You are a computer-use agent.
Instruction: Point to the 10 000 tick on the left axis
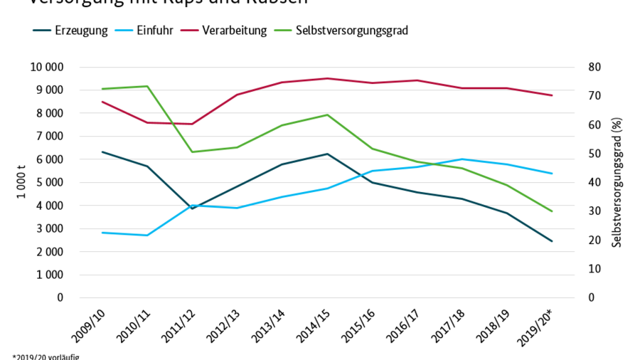(45, 67)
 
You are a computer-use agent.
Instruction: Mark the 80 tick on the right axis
(595, 67)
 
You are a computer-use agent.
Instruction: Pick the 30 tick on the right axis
(595, 211)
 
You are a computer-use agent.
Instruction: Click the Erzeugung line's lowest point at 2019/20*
(552, 241)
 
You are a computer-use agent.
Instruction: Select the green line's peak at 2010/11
(147, 86)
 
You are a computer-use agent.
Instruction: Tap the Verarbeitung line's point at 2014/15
(327, 78)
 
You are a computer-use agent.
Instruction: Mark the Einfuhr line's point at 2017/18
(462, 159)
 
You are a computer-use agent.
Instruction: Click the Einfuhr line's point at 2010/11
(147, 235)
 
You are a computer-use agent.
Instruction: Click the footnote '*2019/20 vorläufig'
(46, 356)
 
